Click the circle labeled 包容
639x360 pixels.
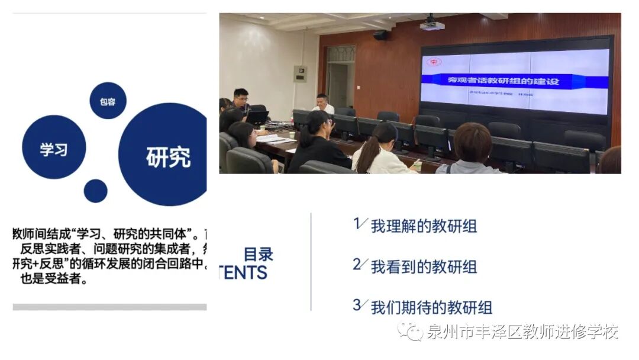[x=108, y=101]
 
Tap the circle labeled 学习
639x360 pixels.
[x=54, y=147]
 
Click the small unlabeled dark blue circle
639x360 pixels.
[x=96, y=191]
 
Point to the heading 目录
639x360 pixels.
[x=259, y=255]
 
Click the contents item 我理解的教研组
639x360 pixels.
[x=424, y=226]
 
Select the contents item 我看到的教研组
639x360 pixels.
[x=424, y=266]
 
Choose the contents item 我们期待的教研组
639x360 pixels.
[x=431, y=307]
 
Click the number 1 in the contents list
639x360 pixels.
[x=357, y=223]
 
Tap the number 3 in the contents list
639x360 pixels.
[x=357, y=305]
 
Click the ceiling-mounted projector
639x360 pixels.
[x=432, y=24]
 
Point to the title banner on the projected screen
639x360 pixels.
[x=502, y=80]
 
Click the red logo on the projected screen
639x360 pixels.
[x=435, y=62]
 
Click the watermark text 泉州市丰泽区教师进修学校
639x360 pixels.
[x=522, y=332]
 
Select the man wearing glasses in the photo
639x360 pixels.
[x=241, y=100]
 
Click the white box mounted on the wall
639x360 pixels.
[x=301, y=74]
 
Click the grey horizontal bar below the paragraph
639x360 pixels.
[x=109, y=307]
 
